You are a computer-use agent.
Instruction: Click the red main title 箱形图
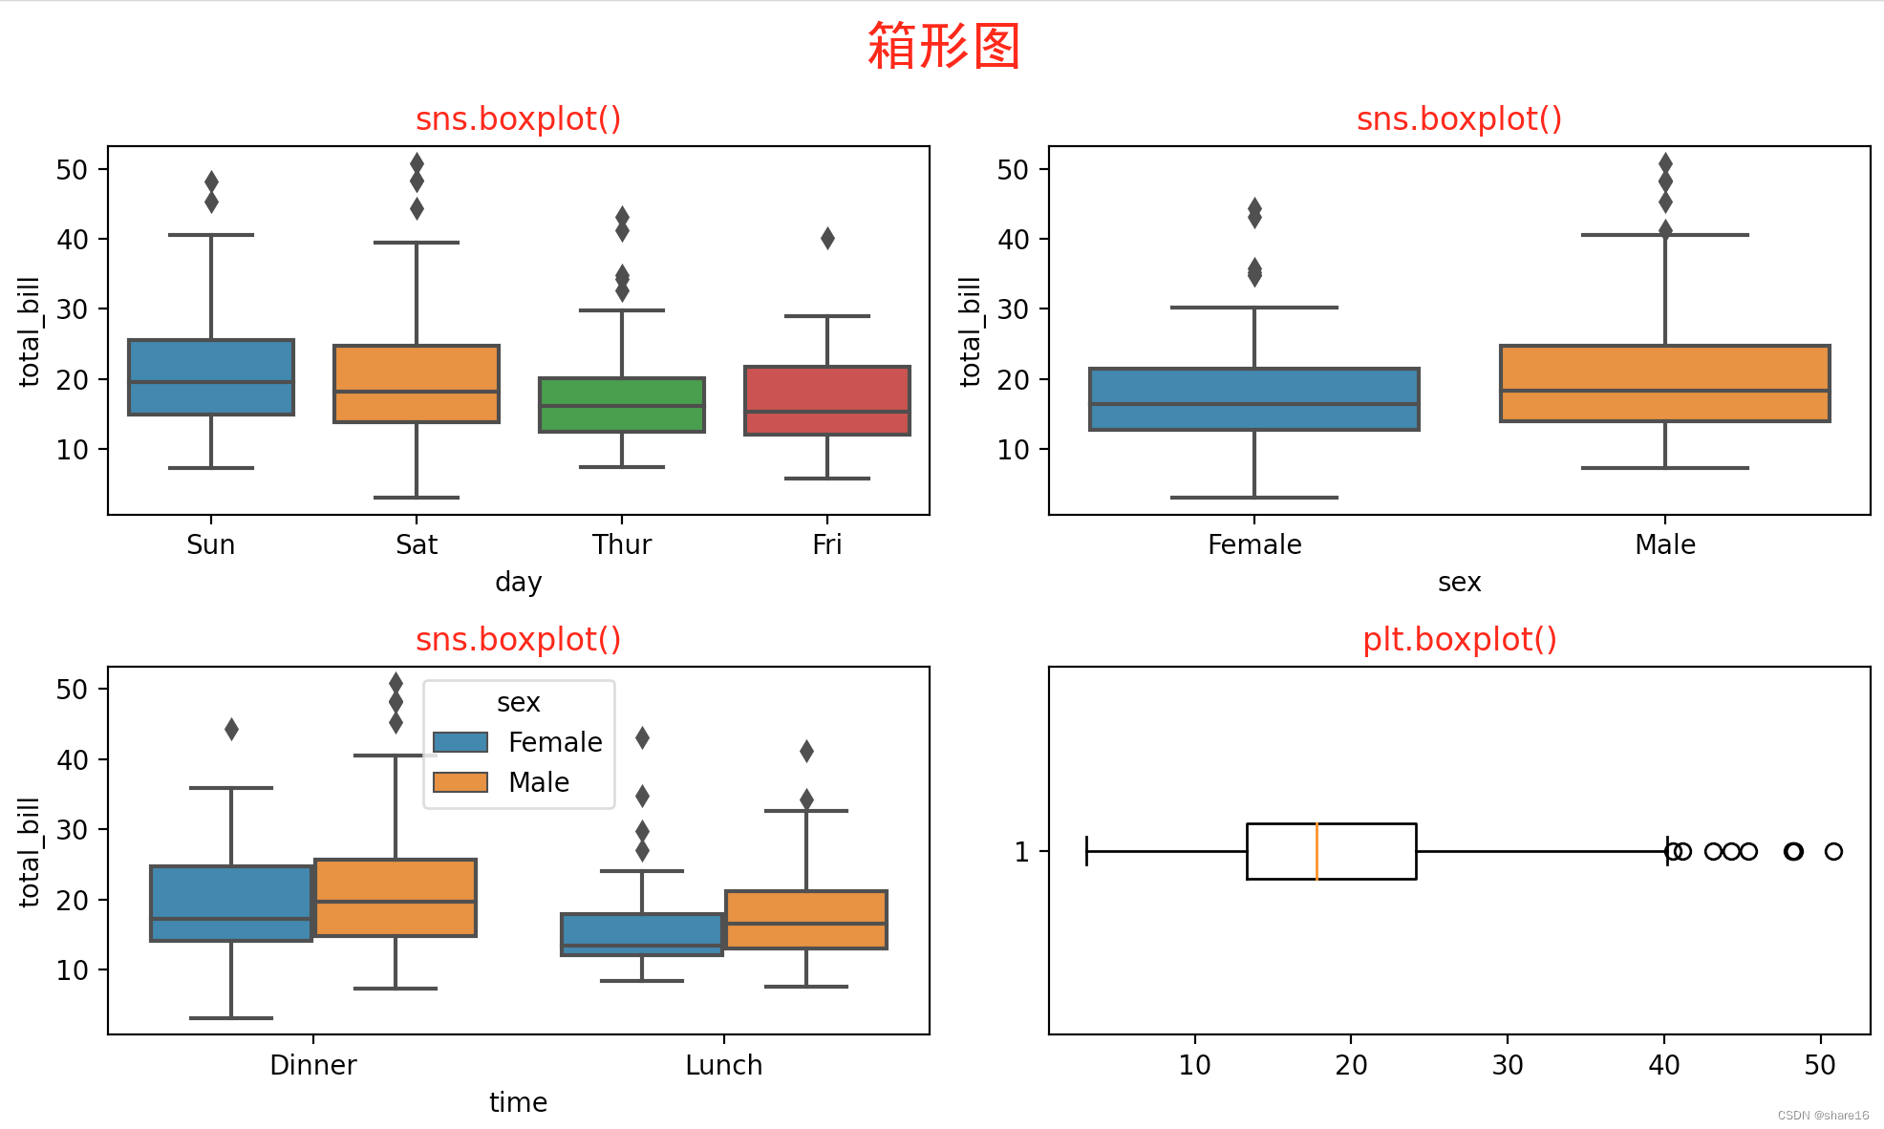(943, 46)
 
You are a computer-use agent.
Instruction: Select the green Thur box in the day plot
(621, 405)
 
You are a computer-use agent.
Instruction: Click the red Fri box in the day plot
(826, 400)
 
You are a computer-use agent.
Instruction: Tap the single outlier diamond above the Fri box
(827, 238)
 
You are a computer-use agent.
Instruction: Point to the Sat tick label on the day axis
(417, 544)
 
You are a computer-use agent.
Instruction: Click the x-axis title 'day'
(518, 582)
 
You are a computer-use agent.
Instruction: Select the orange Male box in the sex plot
(1664, 383)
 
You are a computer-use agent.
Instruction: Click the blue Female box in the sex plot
(1253, 398)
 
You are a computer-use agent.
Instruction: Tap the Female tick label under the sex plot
(1253, 544)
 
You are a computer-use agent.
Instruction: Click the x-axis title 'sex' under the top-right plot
(1459, 582)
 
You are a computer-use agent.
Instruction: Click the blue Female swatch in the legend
(460, 742)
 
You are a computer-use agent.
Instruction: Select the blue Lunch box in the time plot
(641, 934)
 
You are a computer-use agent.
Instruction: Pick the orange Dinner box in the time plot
(396, 897)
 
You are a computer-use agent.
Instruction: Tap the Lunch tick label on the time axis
(723, 1065)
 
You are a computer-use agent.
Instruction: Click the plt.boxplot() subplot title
(1459, 639)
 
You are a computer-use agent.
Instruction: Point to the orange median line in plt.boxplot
(1317, 851)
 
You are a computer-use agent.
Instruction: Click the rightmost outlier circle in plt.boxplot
(1832, 851)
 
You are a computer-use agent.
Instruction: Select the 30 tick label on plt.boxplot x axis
(1507, 1065)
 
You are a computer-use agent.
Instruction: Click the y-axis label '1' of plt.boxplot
(1021, 852)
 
